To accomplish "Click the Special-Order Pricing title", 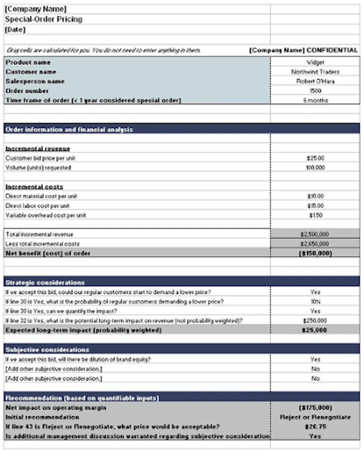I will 44,19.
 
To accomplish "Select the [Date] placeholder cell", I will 15,30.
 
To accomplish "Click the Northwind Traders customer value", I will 315,72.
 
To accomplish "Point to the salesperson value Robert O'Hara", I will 315,81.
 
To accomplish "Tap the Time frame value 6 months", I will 315,100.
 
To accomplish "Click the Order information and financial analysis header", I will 69,129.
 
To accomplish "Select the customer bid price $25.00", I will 315,158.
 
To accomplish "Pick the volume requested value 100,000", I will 315,167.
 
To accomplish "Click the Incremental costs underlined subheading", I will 34,186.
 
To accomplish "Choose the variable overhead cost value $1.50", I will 315,215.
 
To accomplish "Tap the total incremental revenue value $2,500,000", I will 315,234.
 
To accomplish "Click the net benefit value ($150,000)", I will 315,253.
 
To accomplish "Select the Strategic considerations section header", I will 45,282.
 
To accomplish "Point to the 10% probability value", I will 315,301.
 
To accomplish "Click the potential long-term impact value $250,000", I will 315,320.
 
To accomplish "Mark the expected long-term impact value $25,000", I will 315,330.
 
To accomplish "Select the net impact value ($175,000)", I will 315,407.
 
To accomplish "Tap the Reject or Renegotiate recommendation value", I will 315,417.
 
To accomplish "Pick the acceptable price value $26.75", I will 315,426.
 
